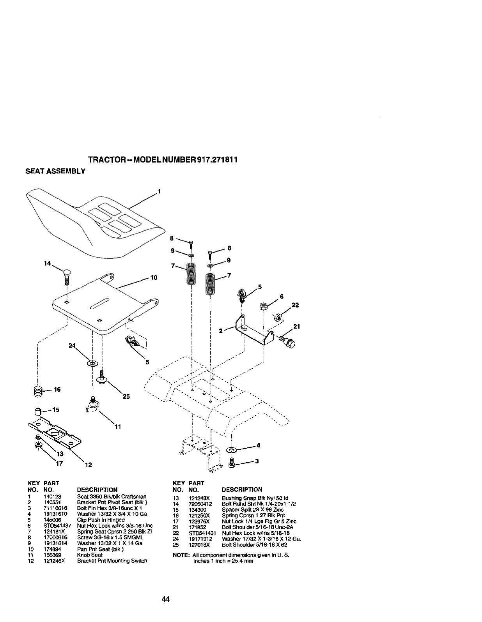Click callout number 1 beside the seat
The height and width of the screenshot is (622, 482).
tap(159, 191)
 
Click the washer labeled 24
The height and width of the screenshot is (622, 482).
tap(93, 363)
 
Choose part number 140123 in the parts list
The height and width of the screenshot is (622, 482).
tap(51, 497)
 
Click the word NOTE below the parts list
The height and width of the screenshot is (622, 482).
tap(181, 555)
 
